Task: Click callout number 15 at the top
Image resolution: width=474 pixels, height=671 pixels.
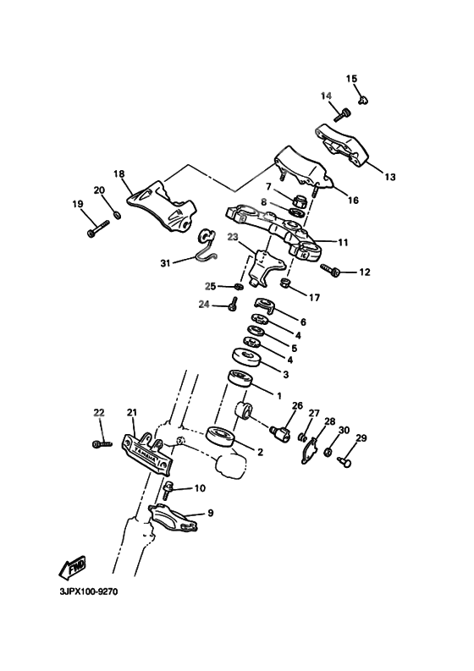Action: [x=351, y=79]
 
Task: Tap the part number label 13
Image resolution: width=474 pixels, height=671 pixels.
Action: [x=389, y=177]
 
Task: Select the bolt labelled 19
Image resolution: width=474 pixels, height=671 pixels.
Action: [x=98, y=228]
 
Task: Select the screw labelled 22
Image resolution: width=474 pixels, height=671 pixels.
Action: [x=102, y=443]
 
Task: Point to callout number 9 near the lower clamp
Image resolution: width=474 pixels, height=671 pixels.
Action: [x=211, y=513]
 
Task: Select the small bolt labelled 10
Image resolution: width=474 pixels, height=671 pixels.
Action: [x=168, y=488]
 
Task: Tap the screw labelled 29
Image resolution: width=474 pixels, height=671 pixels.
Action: [x=345, y=461]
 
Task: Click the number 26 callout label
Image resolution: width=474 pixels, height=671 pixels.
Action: [x=296, y=405]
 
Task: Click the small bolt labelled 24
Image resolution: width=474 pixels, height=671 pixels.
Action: [x=232, y=305]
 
